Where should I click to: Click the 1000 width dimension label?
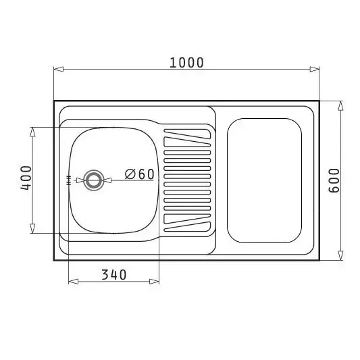(x=186, y=63)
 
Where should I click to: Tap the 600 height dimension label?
(x=334, y=181)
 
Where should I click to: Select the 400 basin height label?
(x=26, y=178)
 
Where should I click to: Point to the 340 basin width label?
(x=114, y=275)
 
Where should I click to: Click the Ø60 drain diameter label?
(x=139, y=174)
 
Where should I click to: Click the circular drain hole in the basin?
(x=94, y=180)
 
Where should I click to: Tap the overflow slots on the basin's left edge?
(x=68, y=180)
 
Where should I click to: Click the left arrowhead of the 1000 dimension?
(x=59, y=69)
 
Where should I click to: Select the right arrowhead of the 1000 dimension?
(x=315, y=69)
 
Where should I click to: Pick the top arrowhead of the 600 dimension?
(x=340, y=106)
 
